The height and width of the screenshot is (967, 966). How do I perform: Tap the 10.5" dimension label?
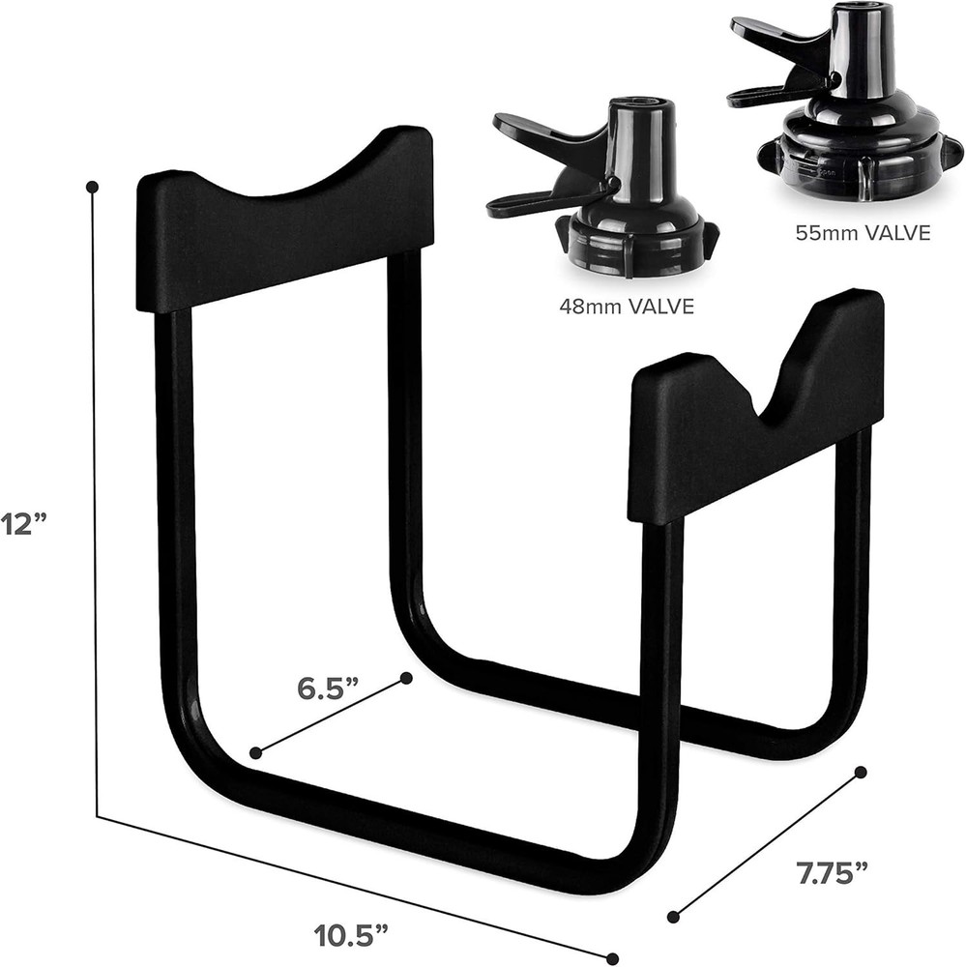click(x=353, y=936)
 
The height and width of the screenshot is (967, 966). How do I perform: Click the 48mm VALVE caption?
click(x=628, y=307)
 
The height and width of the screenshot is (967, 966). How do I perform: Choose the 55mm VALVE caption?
click(x=863, y=233)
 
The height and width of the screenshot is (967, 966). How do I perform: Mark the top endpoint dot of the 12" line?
click(x=93, y=186)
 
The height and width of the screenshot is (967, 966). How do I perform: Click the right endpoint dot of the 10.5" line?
click(x=611, y=958)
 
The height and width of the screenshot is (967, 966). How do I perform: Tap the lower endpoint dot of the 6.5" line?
click(x=255, y=752)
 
